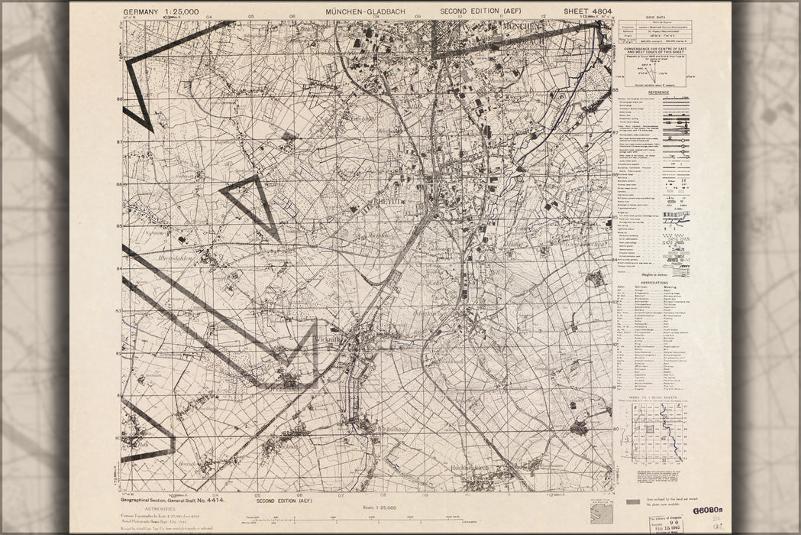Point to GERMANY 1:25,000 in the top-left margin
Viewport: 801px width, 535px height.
pos(160,11)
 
